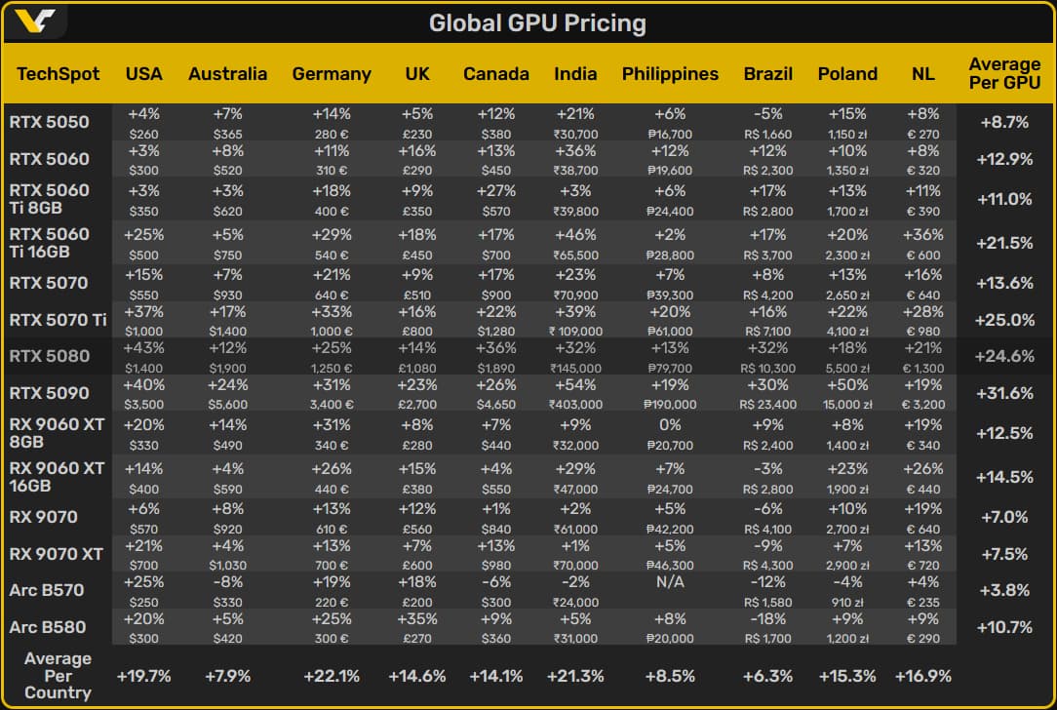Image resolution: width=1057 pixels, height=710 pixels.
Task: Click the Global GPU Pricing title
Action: tap(537, 22)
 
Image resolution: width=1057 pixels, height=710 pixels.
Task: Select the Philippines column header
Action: tap(670, 74)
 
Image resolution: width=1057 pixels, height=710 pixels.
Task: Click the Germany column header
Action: tap(332, 74)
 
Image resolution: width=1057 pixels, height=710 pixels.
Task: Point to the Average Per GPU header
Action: tap(1004, 74)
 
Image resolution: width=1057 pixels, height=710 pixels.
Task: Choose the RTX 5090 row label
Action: tap(49, 393)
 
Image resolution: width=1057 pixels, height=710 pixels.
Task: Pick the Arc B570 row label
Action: tap(47, 590)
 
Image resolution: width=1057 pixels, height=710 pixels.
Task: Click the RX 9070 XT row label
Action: tap(57, 554)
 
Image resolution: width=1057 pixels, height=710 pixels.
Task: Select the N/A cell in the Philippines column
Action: tap(670, 590)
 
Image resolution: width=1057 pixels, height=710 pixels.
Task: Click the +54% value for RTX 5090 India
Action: tap(575, 385)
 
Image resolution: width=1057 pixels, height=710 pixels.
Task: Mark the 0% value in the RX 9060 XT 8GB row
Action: tap(670, 425)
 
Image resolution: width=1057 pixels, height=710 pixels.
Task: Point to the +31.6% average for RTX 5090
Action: tap(1004, 393)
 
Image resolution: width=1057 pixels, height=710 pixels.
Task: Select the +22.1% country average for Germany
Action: tap(332, 676)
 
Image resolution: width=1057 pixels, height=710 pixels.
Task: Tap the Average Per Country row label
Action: tap(58, 676)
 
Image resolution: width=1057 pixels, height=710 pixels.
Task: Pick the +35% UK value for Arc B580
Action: tap(417, 618)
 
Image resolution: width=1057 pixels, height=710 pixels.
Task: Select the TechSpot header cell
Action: tap(58, 74)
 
